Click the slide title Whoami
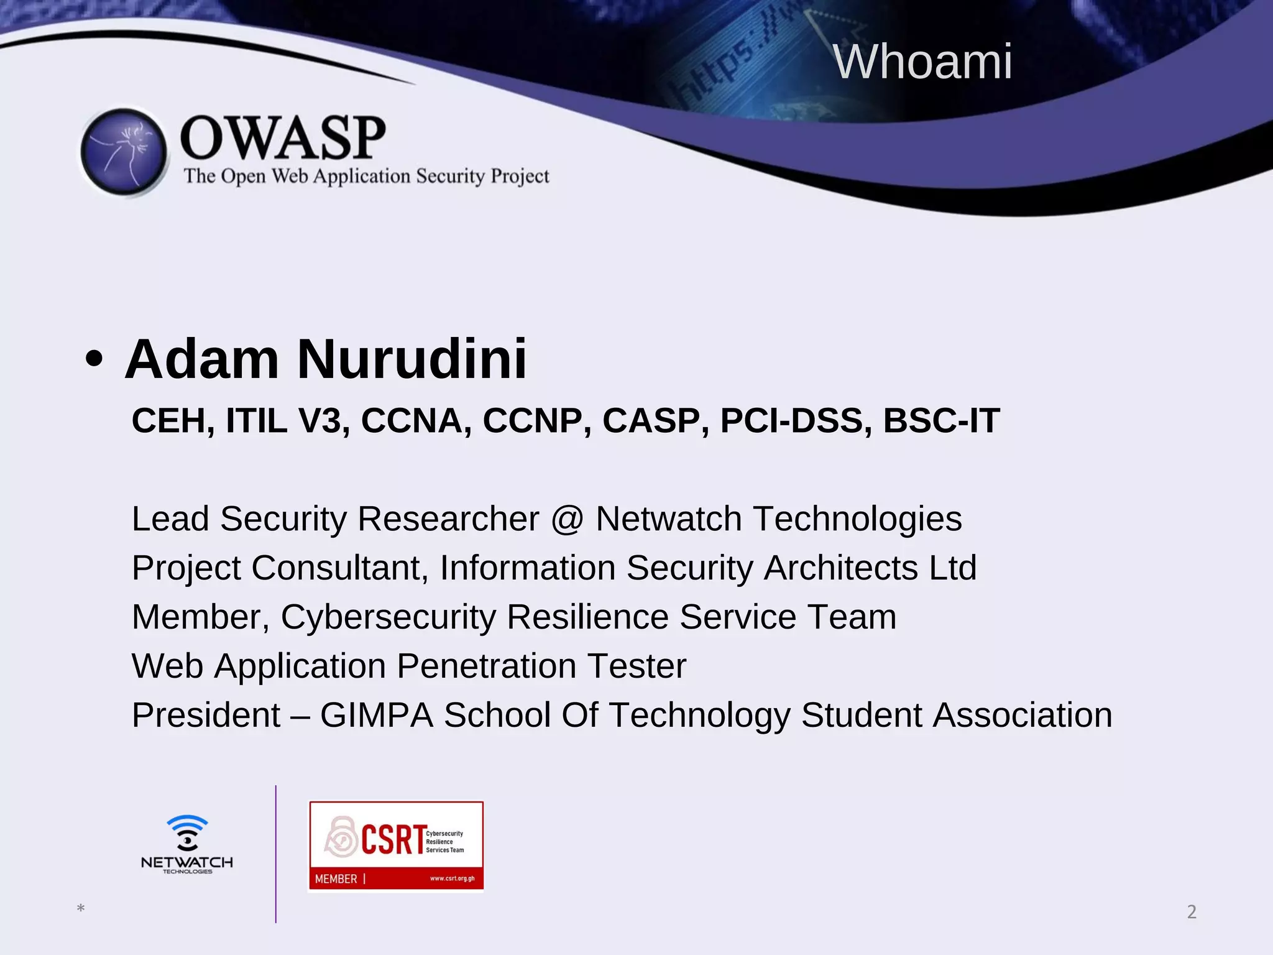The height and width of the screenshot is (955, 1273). tap(922, 62)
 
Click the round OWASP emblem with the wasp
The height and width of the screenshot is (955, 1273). tap(124, 152)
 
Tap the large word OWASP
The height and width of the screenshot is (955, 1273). tap(283, 138)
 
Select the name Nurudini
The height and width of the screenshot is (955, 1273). tap(411, 359)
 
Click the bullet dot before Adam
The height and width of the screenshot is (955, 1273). tap(94, 360)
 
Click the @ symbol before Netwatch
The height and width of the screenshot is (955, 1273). tap(567, 519)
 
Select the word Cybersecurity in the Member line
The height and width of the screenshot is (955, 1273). tap(388, 617)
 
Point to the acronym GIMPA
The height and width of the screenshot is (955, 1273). tap(376, 715)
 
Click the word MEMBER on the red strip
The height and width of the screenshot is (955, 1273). tap(336, 879)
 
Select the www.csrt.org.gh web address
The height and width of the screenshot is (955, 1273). tap(452, 879)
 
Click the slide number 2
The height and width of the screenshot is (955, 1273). tap(1191, 912)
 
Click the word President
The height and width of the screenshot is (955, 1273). tap(206, 715)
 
